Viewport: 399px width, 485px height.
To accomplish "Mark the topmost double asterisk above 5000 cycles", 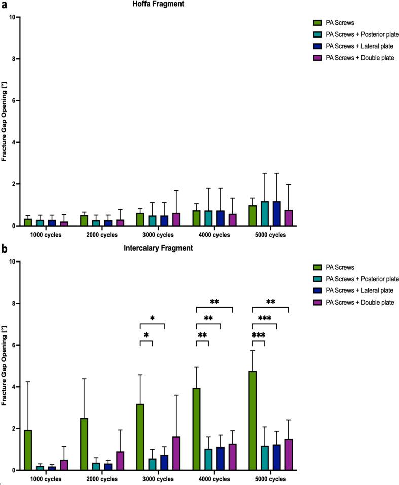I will click(270, 302).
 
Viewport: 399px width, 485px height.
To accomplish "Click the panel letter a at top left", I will click(3, 4).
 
